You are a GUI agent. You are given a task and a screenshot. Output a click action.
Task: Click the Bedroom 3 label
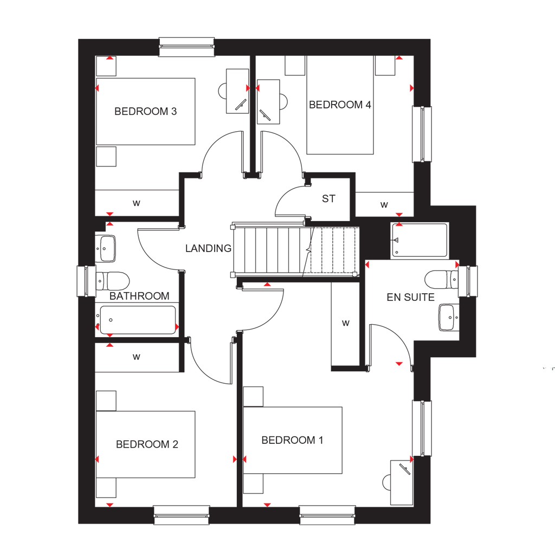145,112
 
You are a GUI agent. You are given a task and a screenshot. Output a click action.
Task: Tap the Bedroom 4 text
340,105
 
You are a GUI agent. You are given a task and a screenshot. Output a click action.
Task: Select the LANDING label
208,248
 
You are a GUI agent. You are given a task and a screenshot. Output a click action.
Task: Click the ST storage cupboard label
328,199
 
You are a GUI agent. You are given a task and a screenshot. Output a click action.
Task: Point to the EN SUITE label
411,298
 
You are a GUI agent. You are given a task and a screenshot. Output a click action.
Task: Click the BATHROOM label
139,296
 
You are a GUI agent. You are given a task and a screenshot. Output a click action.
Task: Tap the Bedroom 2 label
147,444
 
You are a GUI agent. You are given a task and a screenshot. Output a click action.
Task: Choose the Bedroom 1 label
292,440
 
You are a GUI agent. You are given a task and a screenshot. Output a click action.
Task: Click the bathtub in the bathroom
138,320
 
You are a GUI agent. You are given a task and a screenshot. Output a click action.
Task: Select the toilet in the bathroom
113,281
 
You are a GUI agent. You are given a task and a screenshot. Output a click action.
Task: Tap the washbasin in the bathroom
106,248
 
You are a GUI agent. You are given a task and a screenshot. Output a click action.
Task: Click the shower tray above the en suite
420,240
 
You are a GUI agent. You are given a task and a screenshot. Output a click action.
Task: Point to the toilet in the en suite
441,280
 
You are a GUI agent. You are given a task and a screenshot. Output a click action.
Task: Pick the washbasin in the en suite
449,318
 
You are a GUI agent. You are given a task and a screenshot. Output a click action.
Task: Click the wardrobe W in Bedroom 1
346,323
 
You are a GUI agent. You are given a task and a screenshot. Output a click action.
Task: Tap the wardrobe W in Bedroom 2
137,357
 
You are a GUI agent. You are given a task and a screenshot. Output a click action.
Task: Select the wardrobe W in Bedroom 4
384,204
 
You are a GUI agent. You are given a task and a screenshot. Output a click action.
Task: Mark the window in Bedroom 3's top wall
186,47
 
